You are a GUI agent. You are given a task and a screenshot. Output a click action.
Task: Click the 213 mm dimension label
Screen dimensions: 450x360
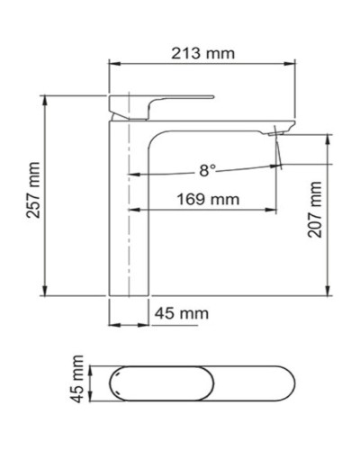click(203, 53)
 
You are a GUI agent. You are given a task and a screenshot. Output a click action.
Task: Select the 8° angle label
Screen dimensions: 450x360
click(208, 168)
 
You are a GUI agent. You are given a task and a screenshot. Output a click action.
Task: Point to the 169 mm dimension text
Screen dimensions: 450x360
click(200, 199)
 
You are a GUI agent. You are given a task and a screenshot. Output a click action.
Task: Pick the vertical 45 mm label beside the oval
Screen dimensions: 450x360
click(78, 379)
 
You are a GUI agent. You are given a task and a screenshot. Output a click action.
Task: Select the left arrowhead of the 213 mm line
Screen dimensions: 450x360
click(112, 63)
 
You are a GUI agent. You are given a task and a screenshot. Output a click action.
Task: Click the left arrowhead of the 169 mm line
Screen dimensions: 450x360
click(132, 208)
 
